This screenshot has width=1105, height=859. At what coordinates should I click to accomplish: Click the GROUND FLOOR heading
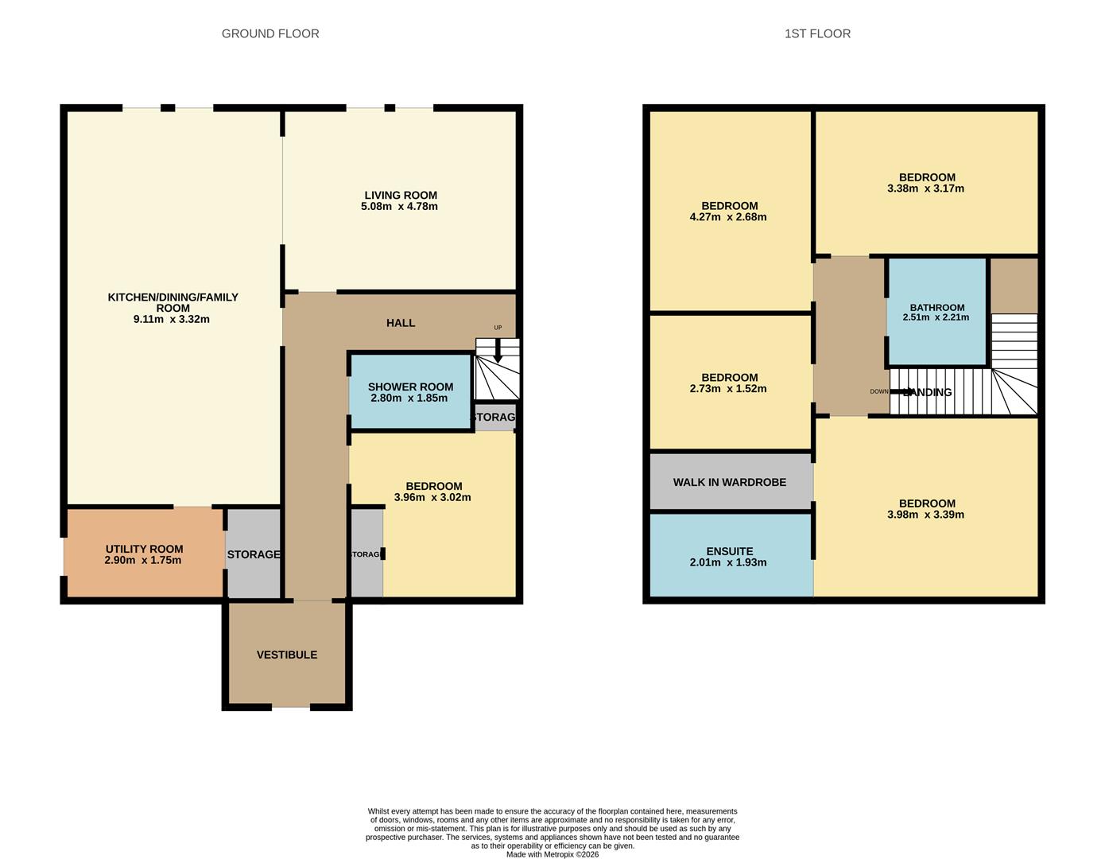[270, 33]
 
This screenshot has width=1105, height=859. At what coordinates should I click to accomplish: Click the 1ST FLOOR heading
[817, 33]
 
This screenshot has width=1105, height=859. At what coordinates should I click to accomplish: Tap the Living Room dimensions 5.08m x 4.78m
[399, 207]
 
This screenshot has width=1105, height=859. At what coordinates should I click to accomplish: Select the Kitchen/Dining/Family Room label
[173, 302]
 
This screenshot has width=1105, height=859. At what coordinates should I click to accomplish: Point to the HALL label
[401, 323]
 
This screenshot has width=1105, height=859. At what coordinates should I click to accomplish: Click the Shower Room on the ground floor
[410, 392]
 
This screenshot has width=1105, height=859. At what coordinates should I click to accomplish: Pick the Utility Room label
[144, 549]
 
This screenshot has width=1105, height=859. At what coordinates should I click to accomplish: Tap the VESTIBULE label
[287, 655]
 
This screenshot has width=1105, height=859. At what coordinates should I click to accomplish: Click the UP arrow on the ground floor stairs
[498, 350]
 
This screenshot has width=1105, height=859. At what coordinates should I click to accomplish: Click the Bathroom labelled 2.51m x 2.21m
[937, 312]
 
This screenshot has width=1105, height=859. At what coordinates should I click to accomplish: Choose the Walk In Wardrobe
[730, 482]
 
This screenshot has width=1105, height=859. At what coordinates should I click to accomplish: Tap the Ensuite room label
[729, 551]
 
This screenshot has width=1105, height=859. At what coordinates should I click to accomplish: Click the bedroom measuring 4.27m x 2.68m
[729, 211]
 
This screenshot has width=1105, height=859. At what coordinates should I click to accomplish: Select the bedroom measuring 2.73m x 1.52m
[729, 383]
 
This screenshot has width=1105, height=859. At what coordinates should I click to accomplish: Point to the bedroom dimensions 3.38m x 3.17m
[926, 189]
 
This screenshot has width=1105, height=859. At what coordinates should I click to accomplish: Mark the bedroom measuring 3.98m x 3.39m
[926, 509]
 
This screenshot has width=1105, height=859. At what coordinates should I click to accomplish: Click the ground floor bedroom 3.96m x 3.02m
[433, 492]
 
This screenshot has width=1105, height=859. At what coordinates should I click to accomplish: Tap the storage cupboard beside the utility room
[254, 554]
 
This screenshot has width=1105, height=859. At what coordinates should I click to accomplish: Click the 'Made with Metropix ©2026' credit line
[552, 855]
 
